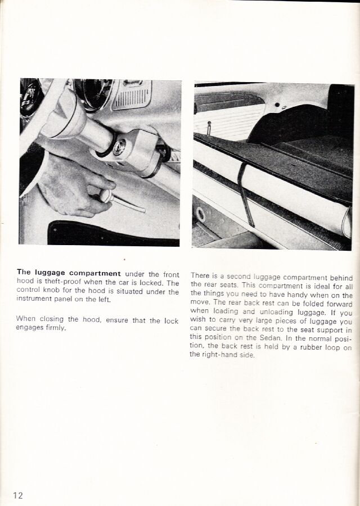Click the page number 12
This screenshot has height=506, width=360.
coord(19,495)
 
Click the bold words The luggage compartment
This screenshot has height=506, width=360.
coord(69,274)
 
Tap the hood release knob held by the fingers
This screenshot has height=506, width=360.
coord(104,195)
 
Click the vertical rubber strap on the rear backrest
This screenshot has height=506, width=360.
coord(244,191)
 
